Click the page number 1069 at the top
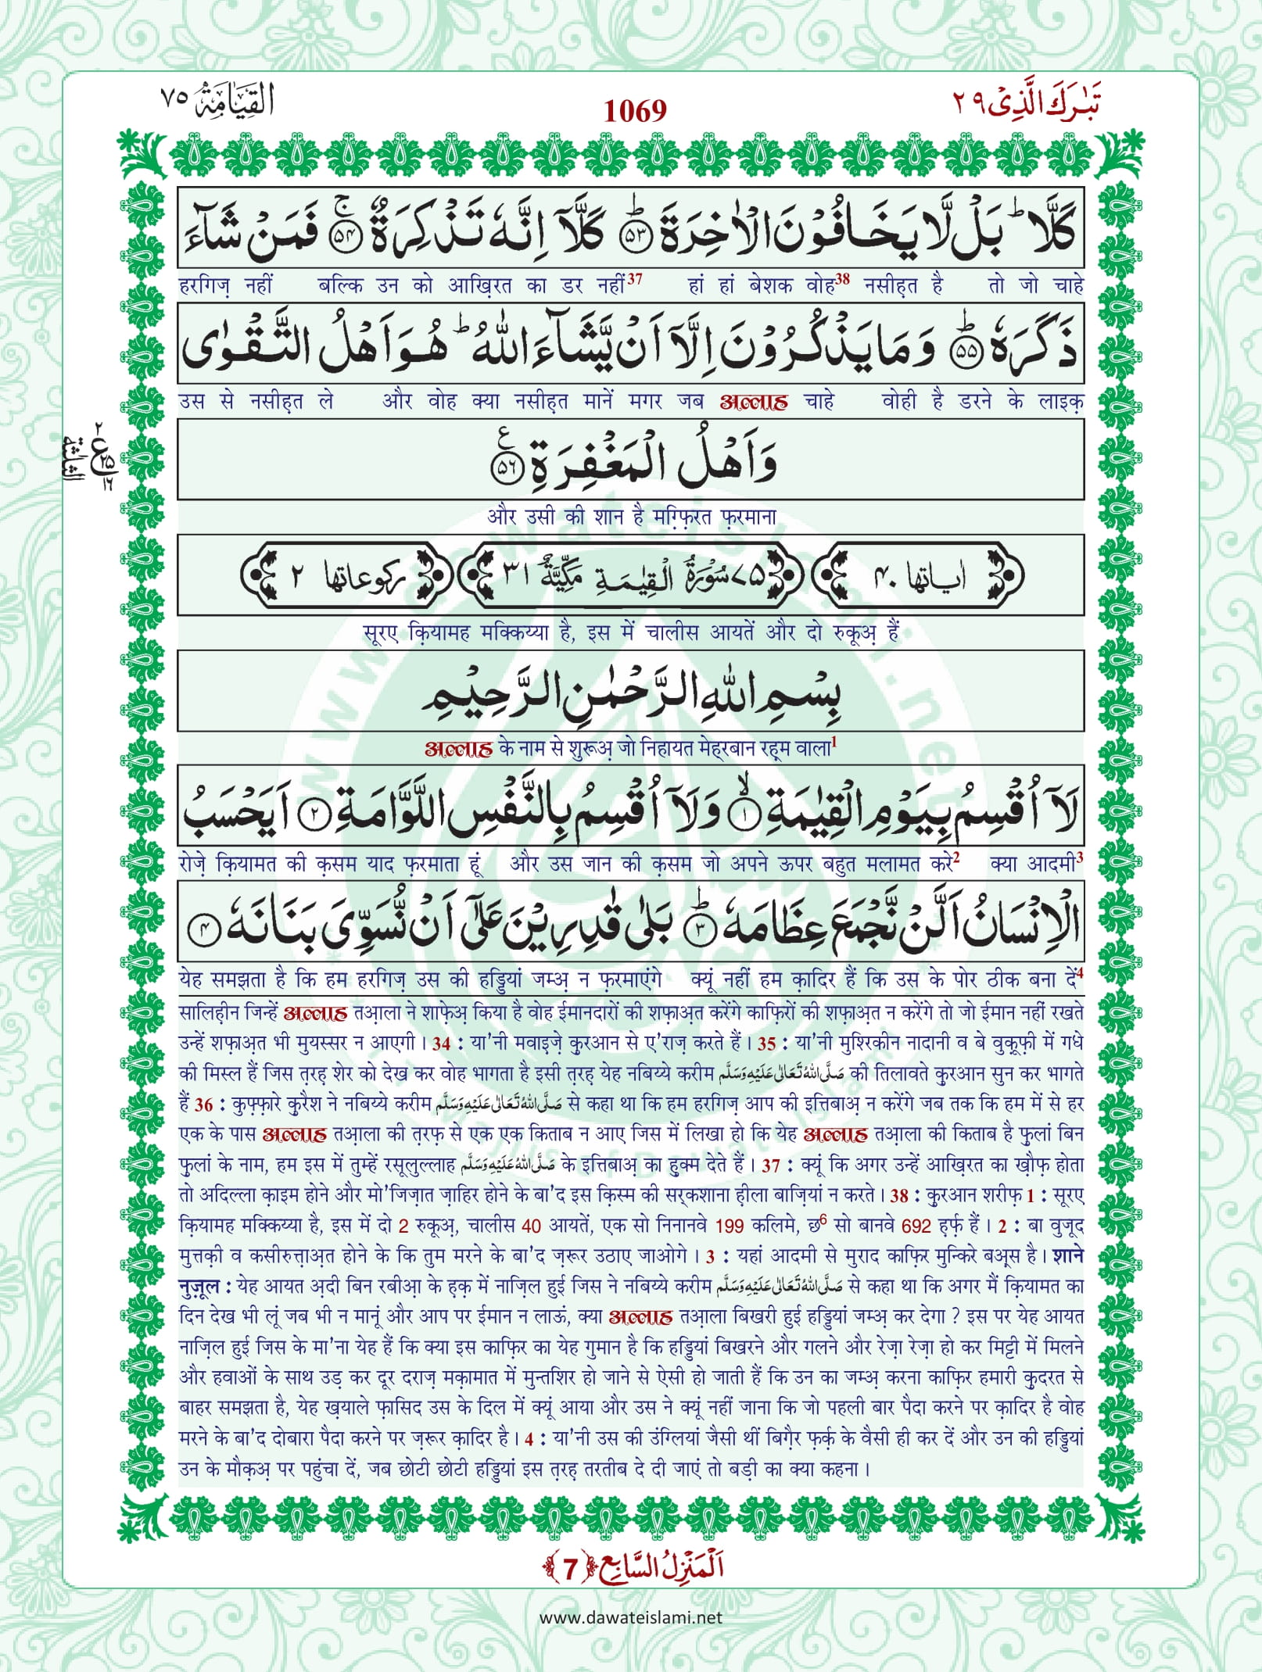pos(635,112)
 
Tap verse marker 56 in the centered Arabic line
pos(504,469)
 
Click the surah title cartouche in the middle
pos(630,576)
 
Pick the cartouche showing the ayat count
pos(916,576)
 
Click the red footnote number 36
pos(203,1105)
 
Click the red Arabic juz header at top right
pos(1026,102)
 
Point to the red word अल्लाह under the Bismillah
pos(458,749)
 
